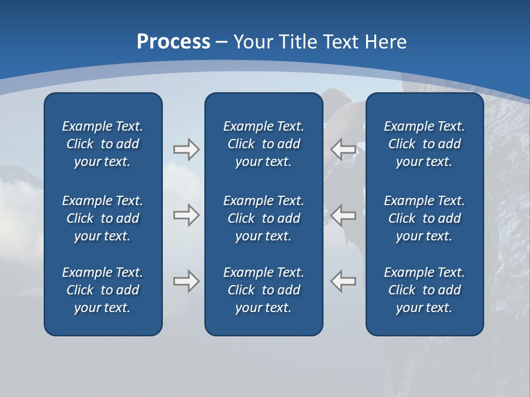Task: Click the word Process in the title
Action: pyautogui.click(x=173, y=42)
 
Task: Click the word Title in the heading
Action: pyautogui.click(x=298, y=42)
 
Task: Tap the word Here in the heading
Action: pyautogui.click(x=385, y=42)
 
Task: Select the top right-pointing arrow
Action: pyautogui.click(x=186, y=149)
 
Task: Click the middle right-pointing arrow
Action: pyautogui.click(x=186, y=215)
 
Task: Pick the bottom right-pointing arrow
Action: pyautogui.click(x=186, y=281)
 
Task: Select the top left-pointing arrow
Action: pyautogui.click(x=343, y=149)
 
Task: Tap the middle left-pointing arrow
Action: pyautogui.click(x=343, y=215)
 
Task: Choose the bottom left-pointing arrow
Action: pyautogui.click(x=343, y=281)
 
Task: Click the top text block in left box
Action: pyautogui.click(x=103, y=144)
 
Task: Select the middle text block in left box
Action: pyautogui.click(x=103, y=218)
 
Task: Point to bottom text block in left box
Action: pyautogui.click(x=103, y=290)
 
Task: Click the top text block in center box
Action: pyautogui.click(x=263, y=144)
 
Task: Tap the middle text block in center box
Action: pyautogui.click(x=263, y=218)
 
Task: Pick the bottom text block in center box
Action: pyautogui.click(x=263, y=290)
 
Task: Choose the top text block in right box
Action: pyautogui.click(x=424, y=144)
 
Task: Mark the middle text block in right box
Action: pyautogui.click(x=424, y=218)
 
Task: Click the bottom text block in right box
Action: pyautogui.click(x=424, y=290)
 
